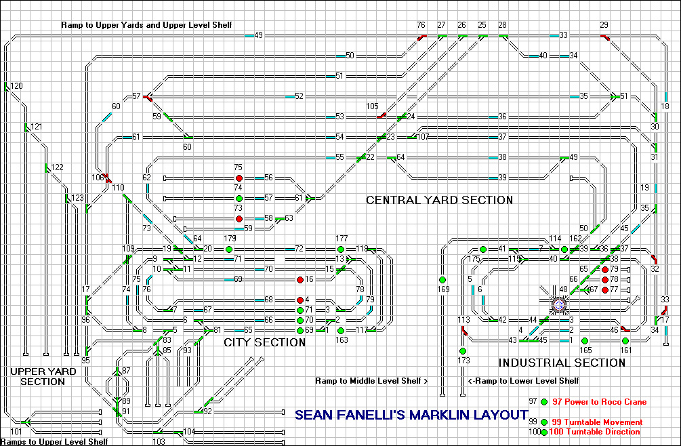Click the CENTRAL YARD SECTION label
439,200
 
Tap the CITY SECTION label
265,342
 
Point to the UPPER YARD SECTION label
38,376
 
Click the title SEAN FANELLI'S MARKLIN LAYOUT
411,415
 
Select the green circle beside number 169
442,279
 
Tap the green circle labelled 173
463,351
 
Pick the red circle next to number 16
300,279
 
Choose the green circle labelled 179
228,249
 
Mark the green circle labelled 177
341,249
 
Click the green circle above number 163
341,331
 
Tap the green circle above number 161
625,341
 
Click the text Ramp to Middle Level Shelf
371,381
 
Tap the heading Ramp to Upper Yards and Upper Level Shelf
146,25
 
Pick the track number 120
16,86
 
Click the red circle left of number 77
605,289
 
